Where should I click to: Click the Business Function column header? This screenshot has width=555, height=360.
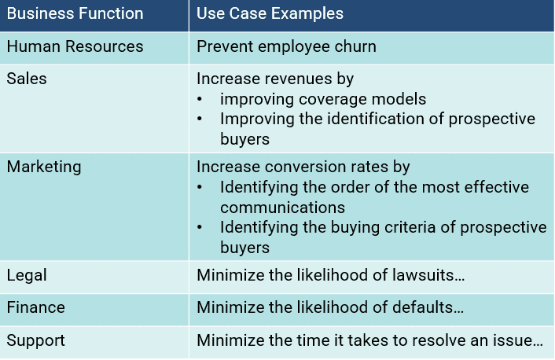[75, 14]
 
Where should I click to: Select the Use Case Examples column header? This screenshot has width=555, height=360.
[270, 14]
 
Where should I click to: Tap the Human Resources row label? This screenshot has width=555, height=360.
[75, 46]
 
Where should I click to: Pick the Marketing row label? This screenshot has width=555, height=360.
[44, 167]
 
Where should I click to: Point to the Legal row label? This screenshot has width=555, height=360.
[27, 275]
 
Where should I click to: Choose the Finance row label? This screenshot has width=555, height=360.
[35, 307]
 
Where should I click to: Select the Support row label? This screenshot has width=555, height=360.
[35, 341]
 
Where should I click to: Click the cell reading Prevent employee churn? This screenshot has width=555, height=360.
[286, 46]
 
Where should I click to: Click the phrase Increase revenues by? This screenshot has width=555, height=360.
[274, 79]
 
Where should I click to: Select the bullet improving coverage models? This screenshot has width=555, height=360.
[322, 99]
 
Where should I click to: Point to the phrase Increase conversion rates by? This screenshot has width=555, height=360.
[303, 167]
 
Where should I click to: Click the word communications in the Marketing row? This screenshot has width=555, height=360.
[282, 208]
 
